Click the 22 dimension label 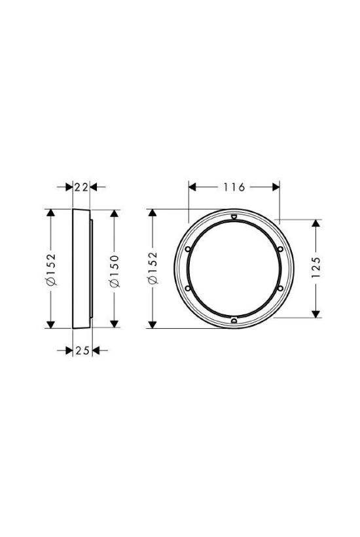[x=81, y=187]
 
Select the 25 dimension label [x=82, y=350]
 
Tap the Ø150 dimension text [x=115, y=270]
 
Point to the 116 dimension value [x=234, y=187]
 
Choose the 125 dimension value [x=316, y=267]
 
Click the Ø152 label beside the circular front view [x=153, y=268]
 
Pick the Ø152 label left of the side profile [x=50, y=270]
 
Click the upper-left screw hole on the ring [x=188, y=250]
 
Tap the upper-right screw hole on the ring [x=280, y=249]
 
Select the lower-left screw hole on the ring [x=188, y=288]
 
